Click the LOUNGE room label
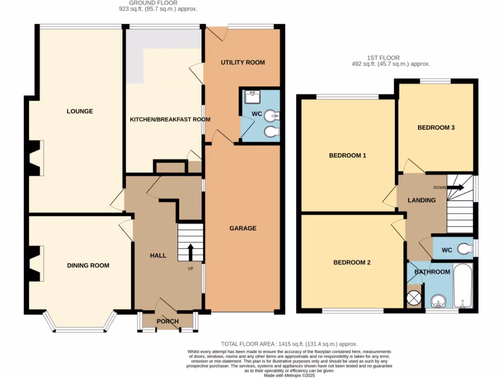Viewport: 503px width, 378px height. tap(80, 111)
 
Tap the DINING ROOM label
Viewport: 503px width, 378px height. tap(88, 266)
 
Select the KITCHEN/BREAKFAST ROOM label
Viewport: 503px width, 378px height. tap(170, 120)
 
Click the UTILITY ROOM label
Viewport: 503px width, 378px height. tap(243, 63)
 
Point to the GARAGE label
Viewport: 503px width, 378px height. tap(243, 228)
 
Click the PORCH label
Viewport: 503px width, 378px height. tap(168, 322)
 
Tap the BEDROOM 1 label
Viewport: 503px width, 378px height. tap(347, 156)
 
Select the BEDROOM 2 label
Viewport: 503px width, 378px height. tap(352, 263)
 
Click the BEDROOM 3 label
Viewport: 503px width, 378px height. tap(436, 128)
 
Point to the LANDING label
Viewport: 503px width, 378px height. tap(421, 200)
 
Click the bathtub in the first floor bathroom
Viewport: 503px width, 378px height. tap(463, 285)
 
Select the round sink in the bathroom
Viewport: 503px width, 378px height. tap(435, 301)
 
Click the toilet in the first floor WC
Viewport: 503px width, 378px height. tap(465, 250)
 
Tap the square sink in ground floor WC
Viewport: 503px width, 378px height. tap(254, 96)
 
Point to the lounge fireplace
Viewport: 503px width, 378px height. tap(35, 158)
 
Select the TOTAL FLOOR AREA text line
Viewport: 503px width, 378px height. tap(289, 344)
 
